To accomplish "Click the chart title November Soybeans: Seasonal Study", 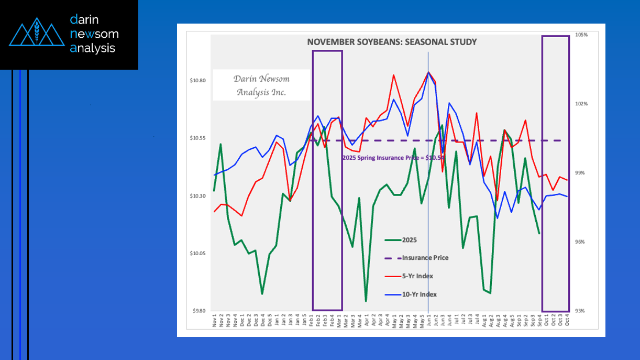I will tap(392, 42).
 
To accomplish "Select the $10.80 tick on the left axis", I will tap(197, 81).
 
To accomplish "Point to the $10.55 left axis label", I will tap(197, 138).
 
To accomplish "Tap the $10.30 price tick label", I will tap(197, 196).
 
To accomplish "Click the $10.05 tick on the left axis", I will tap(197, 254).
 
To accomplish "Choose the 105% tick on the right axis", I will tap(582, 35).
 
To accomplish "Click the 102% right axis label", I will tap(582, 104).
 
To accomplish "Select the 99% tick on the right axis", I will tap(582, 173).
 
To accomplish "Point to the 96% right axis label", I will tap(582, 242).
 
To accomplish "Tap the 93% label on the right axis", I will tap(582, 311).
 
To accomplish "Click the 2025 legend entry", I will tap(409, 240).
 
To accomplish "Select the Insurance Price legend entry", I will tap(425, 258).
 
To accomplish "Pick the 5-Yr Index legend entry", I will tap(417, 276).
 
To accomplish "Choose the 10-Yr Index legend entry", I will tap(419, 294).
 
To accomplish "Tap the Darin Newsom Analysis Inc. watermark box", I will tap(261, 85).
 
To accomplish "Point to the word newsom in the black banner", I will tap(94, 34).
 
